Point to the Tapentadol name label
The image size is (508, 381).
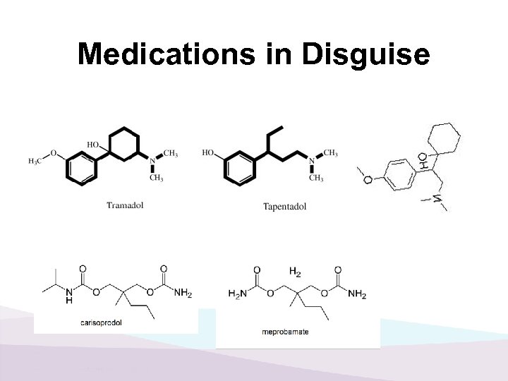click(x=284, y=207)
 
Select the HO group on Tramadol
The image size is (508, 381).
click(x=93, y=145)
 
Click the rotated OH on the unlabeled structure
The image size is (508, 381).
click(x=421, y=161)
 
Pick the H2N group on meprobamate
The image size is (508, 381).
click(x=237, y=294)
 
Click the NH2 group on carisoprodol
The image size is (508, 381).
click(x=182, y=293)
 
